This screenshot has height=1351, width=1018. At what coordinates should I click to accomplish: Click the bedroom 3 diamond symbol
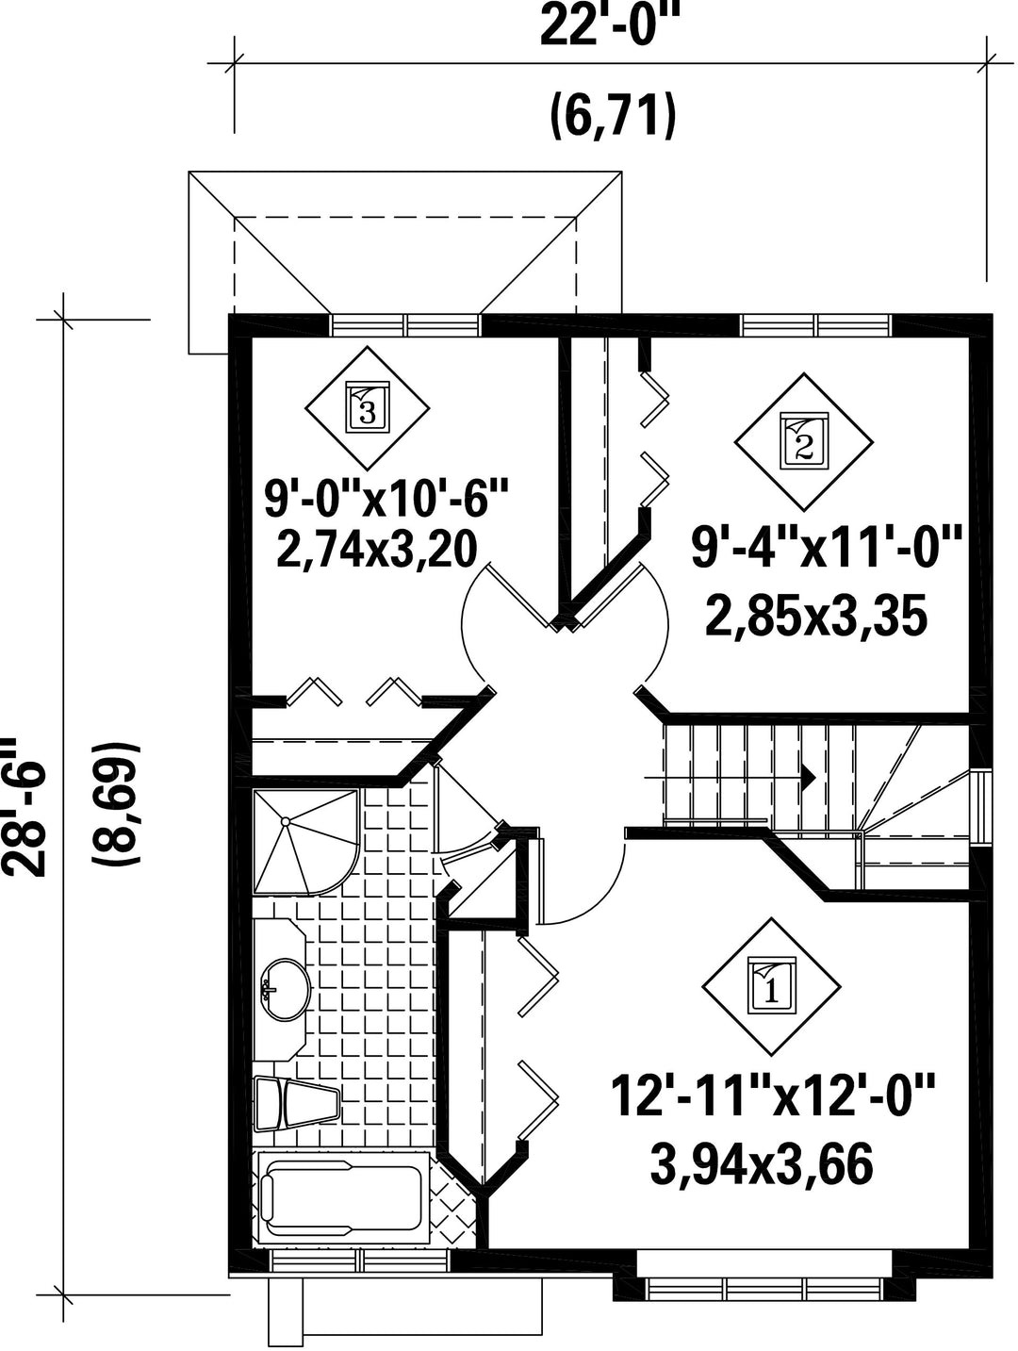pos(368,407)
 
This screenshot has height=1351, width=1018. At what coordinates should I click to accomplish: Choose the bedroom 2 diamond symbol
pos(803,441)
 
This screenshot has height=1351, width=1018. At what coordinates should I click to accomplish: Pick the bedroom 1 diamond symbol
pos(771,987)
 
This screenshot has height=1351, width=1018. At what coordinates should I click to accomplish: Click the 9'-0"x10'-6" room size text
pos(386,499)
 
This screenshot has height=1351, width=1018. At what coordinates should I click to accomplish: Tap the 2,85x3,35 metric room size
pos(815,618)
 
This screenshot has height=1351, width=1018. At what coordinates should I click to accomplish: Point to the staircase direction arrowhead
pos(809,778)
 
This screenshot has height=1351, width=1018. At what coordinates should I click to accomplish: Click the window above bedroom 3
pos(404,324)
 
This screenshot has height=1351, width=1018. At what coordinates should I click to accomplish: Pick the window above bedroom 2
pos(815,324)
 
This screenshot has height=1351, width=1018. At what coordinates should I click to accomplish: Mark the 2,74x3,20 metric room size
pos(376,551)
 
